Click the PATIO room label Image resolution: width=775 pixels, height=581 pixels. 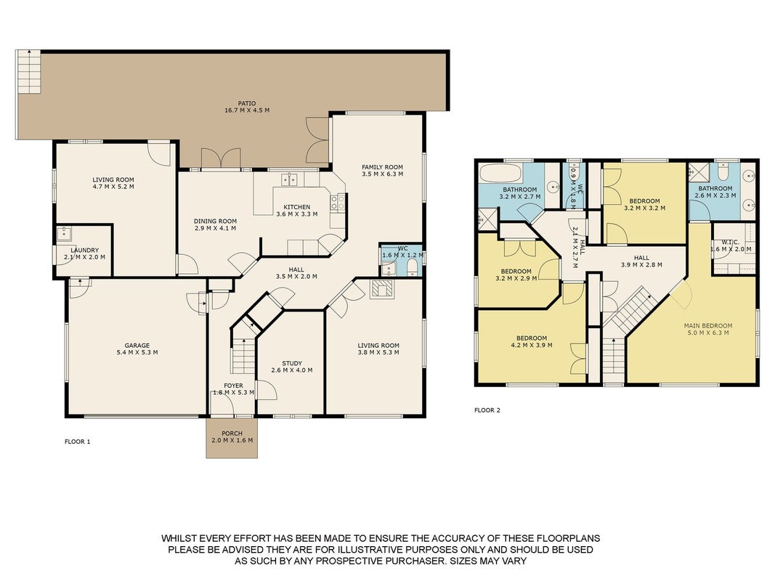[247, 104]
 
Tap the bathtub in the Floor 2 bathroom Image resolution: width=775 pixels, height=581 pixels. [500, 174]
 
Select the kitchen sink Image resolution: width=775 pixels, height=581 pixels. [289, 179]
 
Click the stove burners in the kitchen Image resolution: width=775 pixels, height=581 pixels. [338, 202]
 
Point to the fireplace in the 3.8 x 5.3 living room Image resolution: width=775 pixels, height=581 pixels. [382, 290]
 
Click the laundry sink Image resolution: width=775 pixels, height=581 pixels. [64, 233]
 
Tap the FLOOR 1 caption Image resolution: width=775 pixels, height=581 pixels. [78, 442]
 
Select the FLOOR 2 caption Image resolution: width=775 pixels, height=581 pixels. [487, 410]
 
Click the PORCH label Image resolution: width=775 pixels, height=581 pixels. [232, 434]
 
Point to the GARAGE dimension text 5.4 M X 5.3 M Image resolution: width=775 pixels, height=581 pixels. [137, 352]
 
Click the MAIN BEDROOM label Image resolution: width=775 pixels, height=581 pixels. [707, 325]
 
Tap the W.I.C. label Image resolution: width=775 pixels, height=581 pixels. [730, 242]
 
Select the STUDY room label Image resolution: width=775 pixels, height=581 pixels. [291, 363]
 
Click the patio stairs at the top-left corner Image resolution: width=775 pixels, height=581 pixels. [29, 72]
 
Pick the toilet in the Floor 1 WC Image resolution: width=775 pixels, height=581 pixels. [413, 267]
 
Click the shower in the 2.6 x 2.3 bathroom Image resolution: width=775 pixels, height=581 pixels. [699, 171]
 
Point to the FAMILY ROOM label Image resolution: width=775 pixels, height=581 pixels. [382, 167]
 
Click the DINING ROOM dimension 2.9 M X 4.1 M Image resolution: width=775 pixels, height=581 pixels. [215, 228]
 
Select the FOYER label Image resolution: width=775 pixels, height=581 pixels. [233, 386]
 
